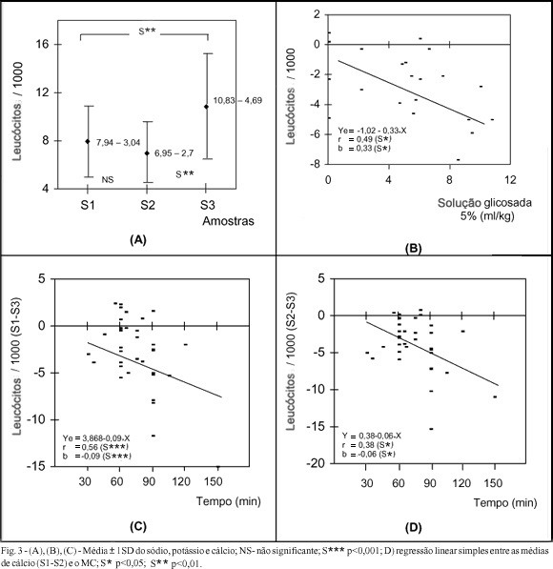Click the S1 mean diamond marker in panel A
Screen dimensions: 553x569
[x=88, y=141]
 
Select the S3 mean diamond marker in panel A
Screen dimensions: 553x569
[x=206, y=107]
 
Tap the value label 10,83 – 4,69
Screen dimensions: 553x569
[x=237, y=100]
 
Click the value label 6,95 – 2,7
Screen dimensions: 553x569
[x=174, y=153]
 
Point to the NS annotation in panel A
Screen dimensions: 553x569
[x=108, y=179]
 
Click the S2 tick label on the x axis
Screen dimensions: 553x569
[x=148, y=205]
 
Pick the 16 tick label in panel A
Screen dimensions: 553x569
[x=43, y=44]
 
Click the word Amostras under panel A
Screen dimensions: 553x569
[x=228, y=221]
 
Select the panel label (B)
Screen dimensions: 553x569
[x=413, y=249]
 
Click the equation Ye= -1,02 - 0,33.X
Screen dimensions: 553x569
[x=372, y=131]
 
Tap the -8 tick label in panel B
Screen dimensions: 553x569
[x=317, y=164]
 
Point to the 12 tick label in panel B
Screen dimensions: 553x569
[x=510, y=180]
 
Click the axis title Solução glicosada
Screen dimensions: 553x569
[x=484, y=202]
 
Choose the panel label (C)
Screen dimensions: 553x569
[x=138, y=526]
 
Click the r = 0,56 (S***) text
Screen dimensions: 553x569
[x=96, y=447]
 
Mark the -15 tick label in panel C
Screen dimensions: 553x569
[x=35, y=466]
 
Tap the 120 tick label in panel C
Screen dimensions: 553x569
[x=181, y=482]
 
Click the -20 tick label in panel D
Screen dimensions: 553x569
[x=317, y=464]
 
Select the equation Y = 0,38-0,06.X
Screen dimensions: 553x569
[x=372, y=436]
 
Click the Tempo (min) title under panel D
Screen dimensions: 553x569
[x=505, y=503]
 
